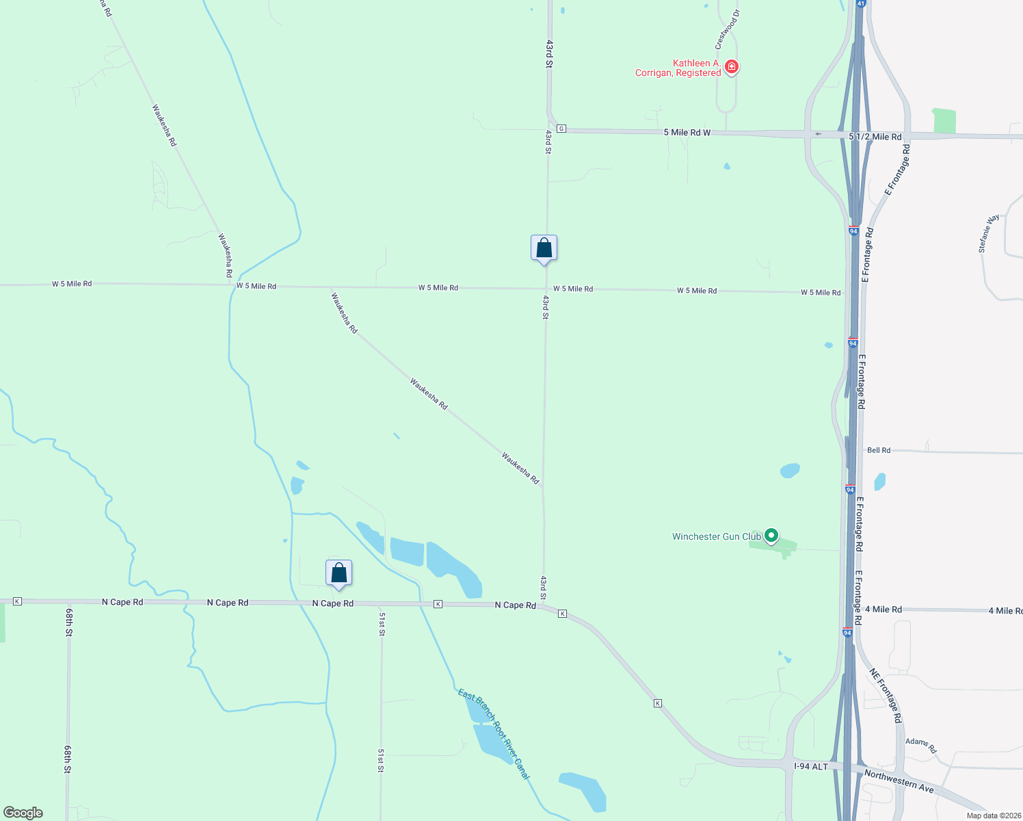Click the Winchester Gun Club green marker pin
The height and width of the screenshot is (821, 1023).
(x=771, y=536)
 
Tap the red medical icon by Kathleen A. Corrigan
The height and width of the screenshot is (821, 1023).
(x=732, y=66)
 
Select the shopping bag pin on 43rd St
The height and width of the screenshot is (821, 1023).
(x=544, y=248)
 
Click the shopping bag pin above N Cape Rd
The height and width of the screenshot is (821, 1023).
(x=338, y=573)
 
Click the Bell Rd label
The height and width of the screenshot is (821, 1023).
(x=879, y=450)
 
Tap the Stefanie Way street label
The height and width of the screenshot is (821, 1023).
(x=989, y=233)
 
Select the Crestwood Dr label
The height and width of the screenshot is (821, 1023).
(x=727, y=29)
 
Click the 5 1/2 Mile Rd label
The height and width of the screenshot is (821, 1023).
(x=875, y=137)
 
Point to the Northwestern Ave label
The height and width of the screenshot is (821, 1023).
(x=899, y=781)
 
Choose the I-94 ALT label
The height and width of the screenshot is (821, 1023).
(x=810, y=766)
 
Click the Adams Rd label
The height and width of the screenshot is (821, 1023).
(x=920, y=745)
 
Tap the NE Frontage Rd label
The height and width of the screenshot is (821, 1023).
(x=886, y=695)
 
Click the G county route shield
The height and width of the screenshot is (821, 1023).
(x=561, y=129)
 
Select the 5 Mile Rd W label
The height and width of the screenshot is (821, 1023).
(x=687, y=132)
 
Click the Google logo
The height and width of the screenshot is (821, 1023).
(x=23, y=813)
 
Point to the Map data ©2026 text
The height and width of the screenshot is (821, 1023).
(x=992, y=816)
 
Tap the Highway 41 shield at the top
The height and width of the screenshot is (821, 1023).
(x=860, y=3)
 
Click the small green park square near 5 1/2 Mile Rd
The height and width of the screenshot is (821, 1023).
(x=944, y=120)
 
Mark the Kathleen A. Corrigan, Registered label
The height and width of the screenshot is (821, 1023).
(x=678, y=68)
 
